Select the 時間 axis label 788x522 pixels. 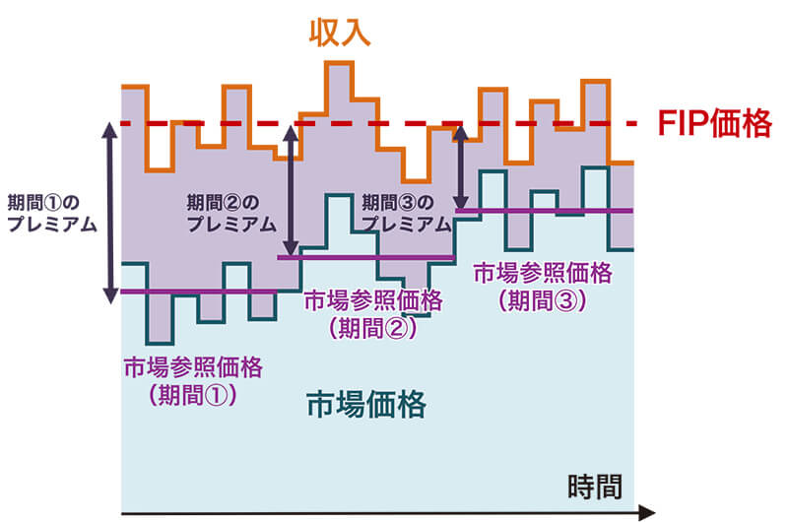[596, 486]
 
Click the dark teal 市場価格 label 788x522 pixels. [366, 405]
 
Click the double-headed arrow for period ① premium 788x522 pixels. [110, 211]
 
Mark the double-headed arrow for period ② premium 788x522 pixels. [290, 190]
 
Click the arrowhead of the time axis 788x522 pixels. [646, 512]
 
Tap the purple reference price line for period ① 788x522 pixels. [197, 292]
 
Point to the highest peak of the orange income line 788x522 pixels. [340, 64]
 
